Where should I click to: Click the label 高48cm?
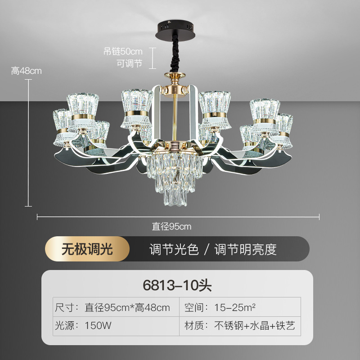26,71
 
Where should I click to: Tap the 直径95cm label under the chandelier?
171,226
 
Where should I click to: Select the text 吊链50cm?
123,51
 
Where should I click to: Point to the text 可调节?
130,63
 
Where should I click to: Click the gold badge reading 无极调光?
87,249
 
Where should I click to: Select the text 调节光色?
174,249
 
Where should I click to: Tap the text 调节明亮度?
245,249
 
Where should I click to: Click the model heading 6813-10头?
177,285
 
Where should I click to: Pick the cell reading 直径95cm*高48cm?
128,308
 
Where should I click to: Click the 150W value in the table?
98,325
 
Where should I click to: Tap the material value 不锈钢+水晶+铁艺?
254,325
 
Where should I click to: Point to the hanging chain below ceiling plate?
173,54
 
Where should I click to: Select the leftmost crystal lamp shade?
63,128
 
